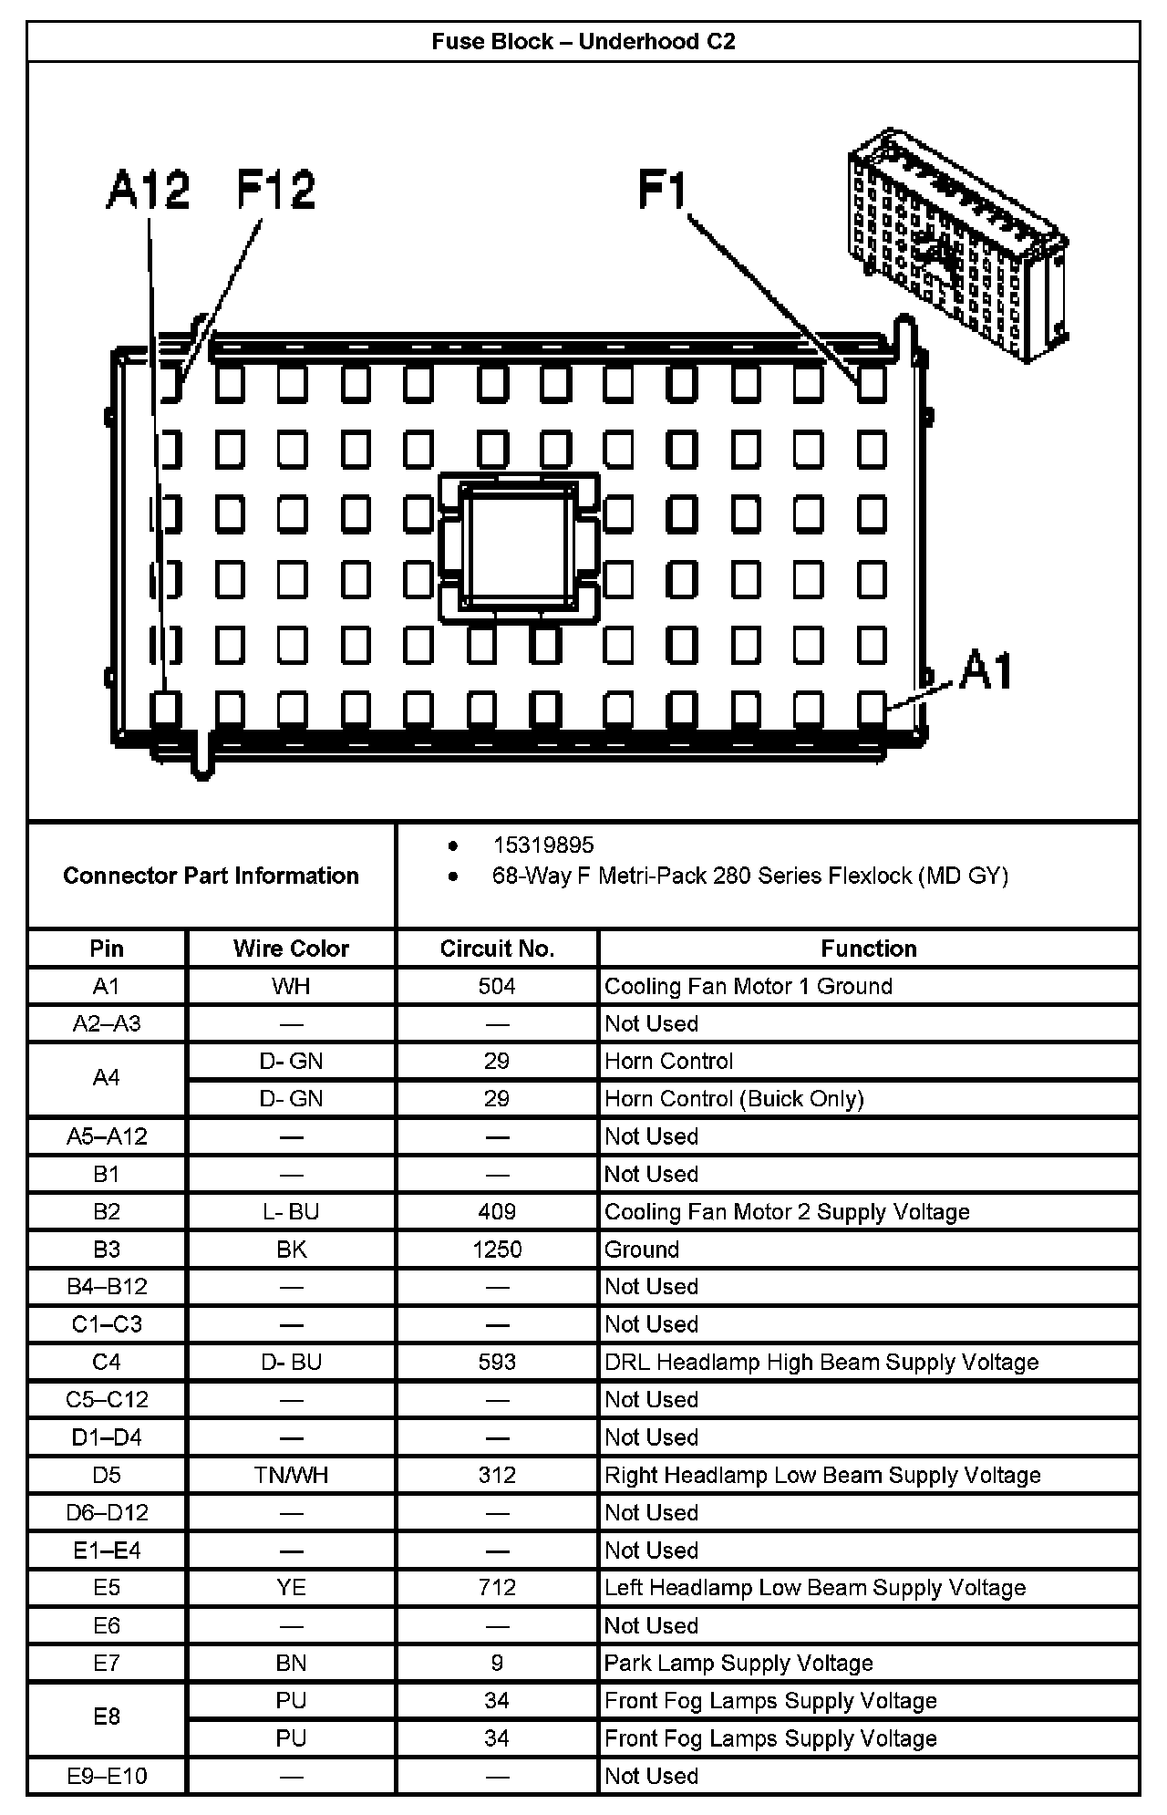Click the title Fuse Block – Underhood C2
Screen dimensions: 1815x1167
point(583,42)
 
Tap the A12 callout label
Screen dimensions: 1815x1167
point(148,190)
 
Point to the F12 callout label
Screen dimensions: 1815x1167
point(275,190)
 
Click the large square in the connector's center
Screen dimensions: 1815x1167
point(519,547)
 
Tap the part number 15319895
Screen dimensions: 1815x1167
point(543,845)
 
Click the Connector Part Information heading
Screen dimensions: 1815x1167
point(211,876)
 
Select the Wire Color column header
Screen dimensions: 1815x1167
point(291,949)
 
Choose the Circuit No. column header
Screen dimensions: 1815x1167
point(497,949)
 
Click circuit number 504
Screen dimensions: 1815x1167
point(497,986)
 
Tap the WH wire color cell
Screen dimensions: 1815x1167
point(291,986)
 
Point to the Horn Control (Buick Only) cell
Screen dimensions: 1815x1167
point(734,1098)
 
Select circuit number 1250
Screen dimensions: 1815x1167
point(497,1250)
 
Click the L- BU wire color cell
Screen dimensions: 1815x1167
point(291,1211)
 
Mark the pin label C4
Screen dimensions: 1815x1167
point(107,1362)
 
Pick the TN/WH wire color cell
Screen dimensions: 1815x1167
point(291,1475)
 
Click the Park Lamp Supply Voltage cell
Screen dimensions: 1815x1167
point(738,1663)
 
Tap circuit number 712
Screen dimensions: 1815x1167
point(497,1587)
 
